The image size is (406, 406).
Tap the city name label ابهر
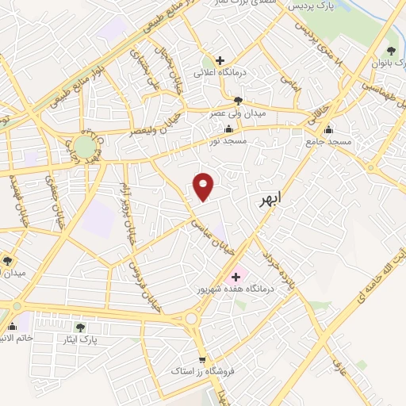point(270,201)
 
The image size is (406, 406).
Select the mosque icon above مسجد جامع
point(328,130)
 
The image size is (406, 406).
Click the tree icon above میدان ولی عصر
point(238,101)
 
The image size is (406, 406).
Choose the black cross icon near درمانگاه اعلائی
point(220,60)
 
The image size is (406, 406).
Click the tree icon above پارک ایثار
point(79,327)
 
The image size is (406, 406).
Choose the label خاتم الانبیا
point(17,339)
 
